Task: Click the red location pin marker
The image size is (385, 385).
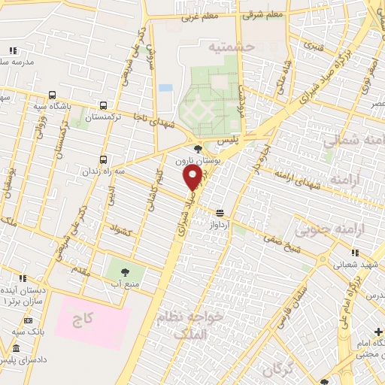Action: (192, 177)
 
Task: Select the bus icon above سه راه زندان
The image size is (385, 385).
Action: (103, 159)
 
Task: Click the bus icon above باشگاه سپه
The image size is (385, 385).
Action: (52, 95)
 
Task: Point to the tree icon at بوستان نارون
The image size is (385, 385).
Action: (198, 150)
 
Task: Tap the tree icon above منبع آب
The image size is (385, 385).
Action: (125, 272)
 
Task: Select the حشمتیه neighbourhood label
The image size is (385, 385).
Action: (233, 47)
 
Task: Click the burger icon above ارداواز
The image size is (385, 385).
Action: (220, 213)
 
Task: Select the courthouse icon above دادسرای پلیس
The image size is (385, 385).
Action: (17, 348)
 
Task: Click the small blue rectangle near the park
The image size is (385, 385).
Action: (166, 88)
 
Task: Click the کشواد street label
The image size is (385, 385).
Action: (120, 230)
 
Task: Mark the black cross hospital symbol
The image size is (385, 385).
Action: (378, 332)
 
